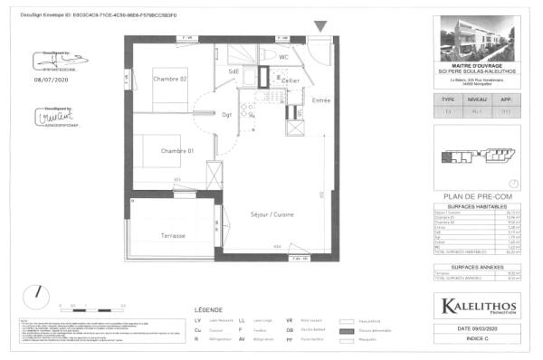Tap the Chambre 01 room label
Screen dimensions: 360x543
178,150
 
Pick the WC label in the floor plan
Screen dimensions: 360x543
283,57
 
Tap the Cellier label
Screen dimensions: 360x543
290,81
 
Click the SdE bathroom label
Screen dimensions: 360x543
233,71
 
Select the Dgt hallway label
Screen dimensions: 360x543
228,114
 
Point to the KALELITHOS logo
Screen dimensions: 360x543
478,306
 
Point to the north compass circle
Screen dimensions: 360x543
37,293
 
